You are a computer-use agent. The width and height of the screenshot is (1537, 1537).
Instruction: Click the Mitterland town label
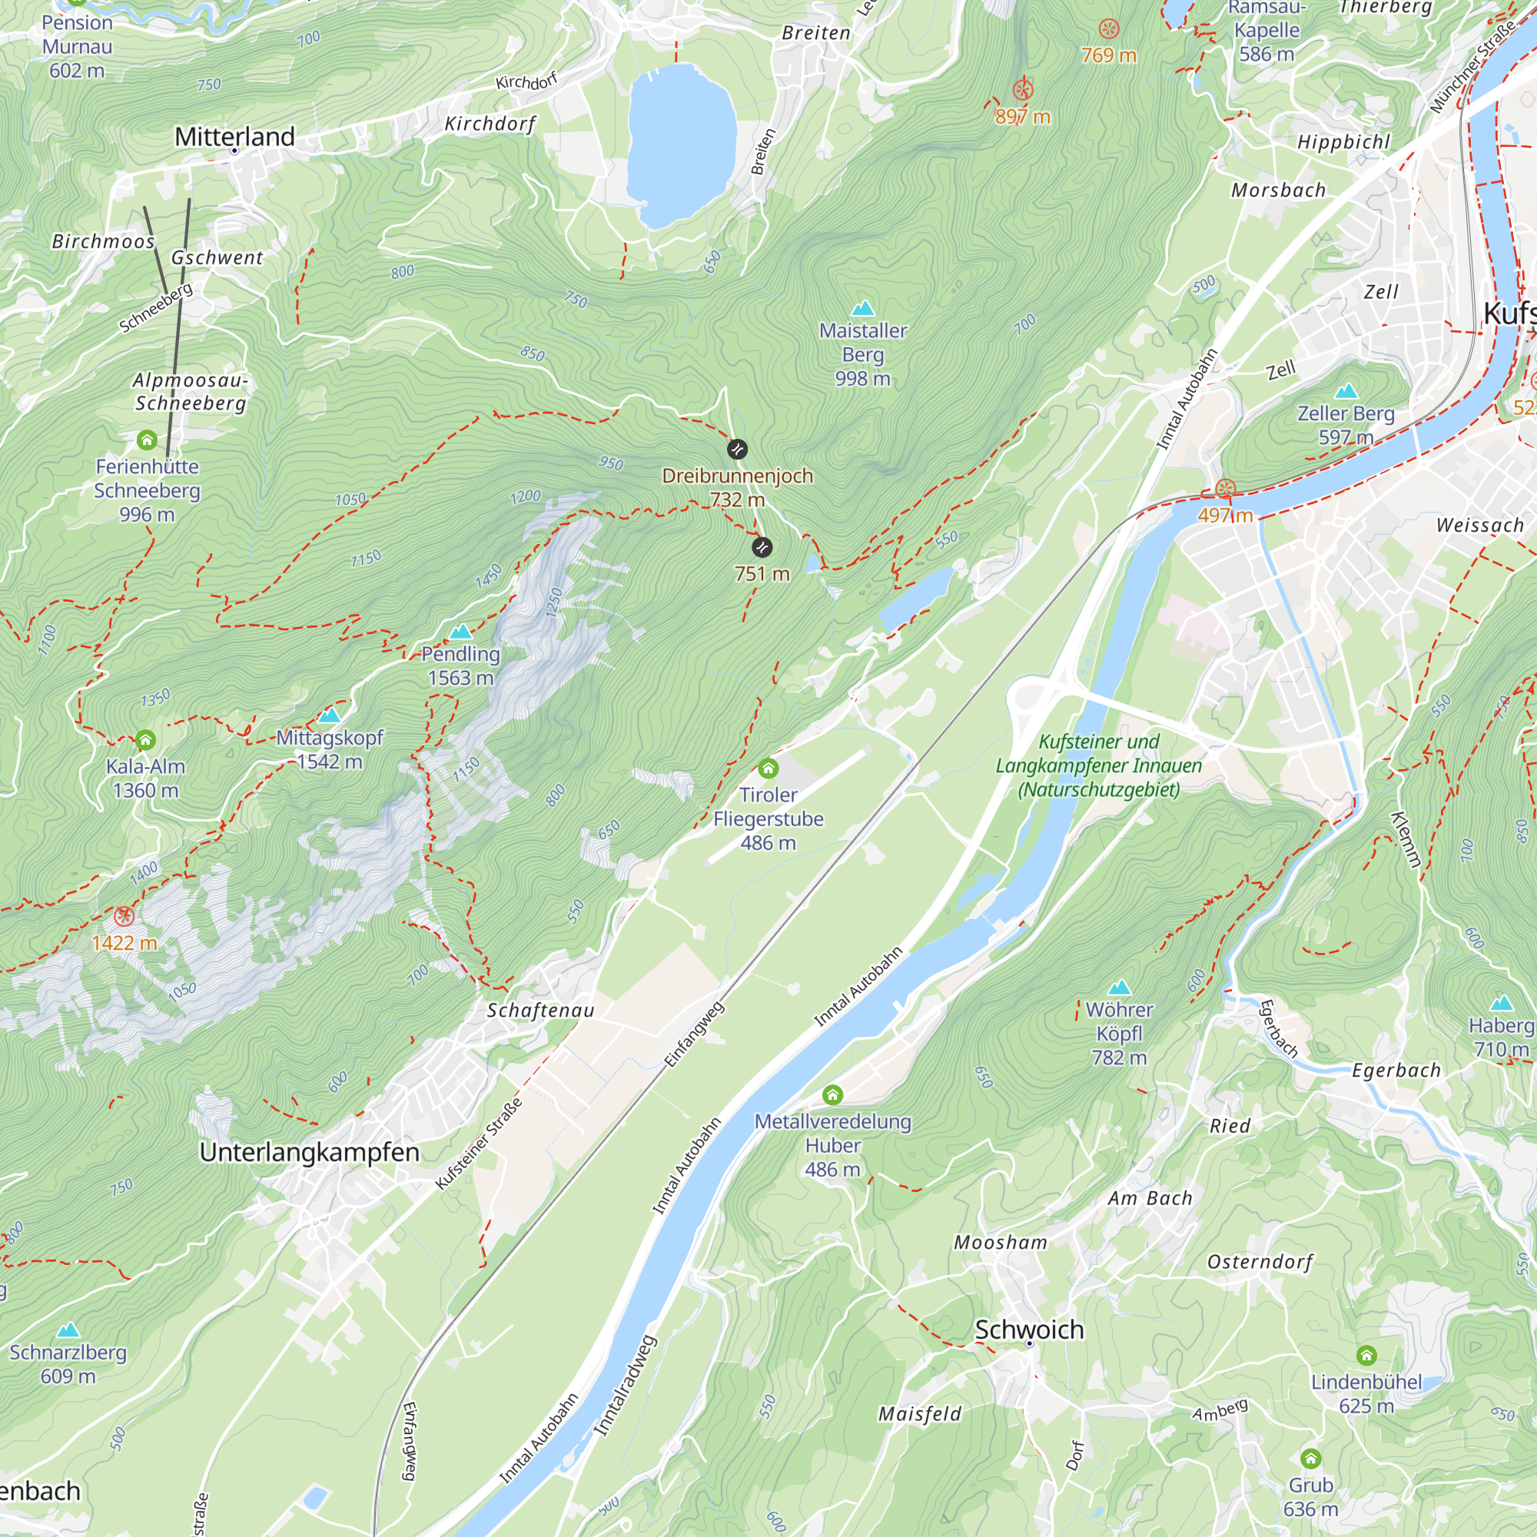tap(234, 137)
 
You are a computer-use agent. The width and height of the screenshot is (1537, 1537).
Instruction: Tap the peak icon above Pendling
tap(460, 632)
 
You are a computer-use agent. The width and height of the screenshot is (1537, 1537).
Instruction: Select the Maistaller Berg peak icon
tap(863, 309)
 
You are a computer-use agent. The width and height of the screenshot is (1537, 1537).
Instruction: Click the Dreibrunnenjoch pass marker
tap(737, 450)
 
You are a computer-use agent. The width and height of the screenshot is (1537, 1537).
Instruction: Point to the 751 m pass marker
tap(762, 547)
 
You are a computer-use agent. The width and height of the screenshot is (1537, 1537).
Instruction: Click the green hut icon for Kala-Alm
tap(144, 741)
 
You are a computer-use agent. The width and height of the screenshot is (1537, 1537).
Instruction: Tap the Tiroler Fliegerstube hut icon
tap(768, 768)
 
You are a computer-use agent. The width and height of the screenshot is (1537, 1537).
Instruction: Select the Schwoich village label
tap(1029, 1330)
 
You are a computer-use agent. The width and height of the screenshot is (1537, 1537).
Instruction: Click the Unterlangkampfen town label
tap(310, 1152)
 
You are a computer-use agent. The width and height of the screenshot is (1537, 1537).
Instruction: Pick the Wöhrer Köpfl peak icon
tap(1120, 988)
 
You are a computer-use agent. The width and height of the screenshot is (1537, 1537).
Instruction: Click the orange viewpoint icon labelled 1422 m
tap(124, 917)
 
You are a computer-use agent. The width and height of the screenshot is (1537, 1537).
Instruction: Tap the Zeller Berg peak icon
tap(1346, 391)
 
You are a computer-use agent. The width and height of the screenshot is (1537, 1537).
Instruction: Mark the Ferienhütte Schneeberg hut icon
tap(146, 440)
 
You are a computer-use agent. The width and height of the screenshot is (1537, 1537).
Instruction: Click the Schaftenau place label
tap(540, 1011)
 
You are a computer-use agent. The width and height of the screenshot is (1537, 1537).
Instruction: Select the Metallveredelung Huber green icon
tap(832, 1095)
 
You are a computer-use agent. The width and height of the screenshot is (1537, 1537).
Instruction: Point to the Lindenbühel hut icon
tap(1366, 1355)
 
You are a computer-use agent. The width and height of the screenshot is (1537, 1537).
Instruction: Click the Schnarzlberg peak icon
tap(68, 1330)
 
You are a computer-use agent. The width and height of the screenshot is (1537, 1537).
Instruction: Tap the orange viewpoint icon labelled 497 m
tap(1225, 489)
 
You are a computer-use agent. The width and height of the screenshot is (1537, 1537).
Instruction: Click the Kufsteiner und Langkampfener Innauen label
tap(1099, 765)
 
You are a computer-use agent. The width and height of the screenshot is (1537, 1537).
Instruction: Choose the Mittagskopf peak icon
tap(330, 715)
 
